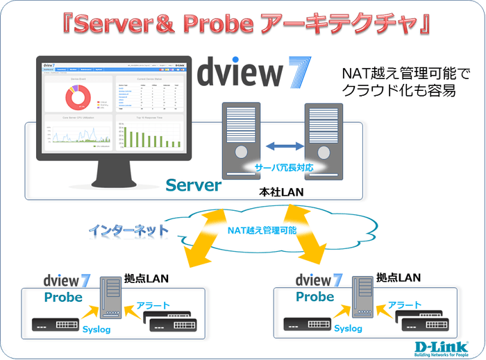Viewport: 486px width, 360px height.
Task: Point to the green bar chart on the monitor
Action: click(x=150, y=136)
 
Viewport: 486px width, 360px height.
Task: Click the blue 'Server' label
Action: click(x=193, y=185)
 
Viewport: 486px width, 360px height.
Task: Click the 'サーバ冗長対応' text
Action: click(x=281, y=167)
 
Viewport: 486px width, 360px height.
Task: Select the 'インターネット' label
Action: click(x=128, y=228)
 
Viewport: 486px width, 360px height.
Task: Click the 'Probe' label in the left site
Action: click(x=63, y=298)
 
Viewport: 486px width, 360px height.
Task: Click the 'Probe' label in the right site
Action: click(x=315, y=297)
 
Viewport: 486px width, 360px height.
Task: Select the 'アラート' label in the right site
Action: click(x=405, y=305)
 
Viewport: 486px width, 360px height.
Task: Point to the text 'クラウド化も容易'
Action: click(x=399, y=90)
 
